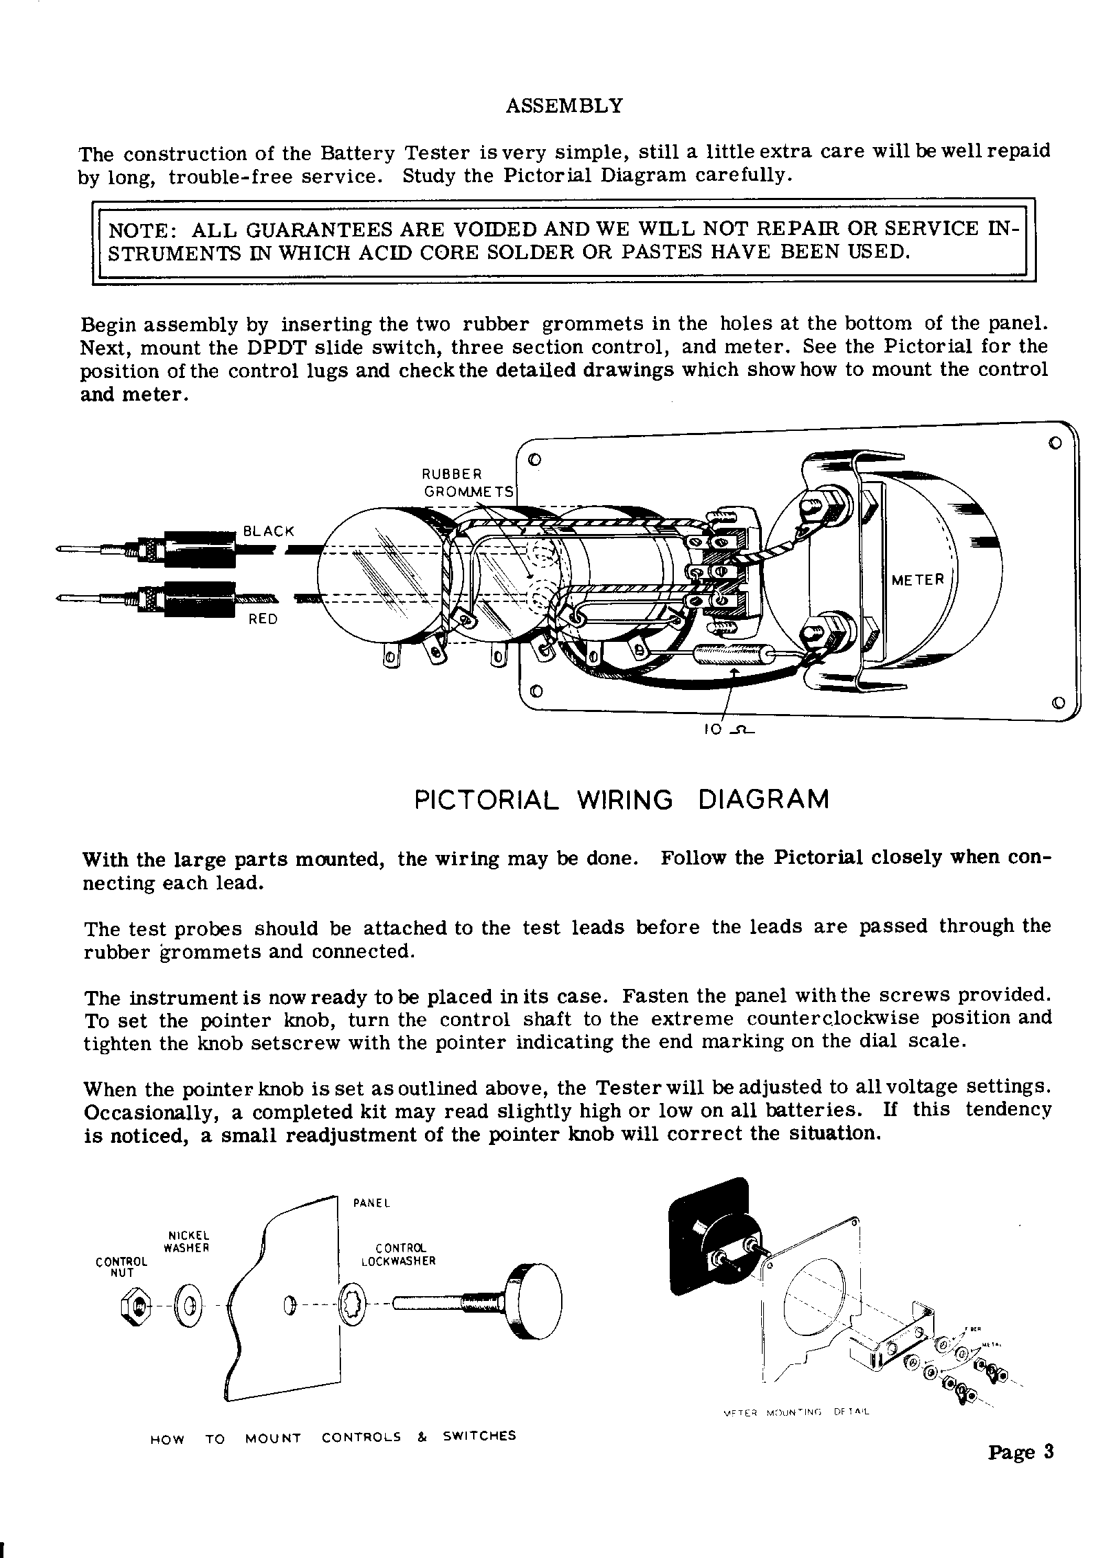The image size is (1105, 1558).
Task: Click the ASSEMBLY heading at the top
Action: tap(564, 106)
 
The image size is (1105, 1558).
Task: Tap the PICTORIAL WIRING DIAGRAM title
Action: tap(622, 800)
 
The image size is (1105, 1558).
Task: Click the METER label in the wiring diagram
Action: tap(918, 580)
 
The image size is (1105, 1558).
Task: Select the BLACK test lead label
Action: tap(268, 531)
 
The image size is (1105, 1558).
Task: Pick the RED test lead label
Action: tap(263, 619)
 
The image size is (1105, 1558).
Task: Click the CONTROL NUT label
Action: tap(122, 1267)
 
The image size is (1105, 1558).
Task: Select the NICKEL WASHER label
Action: tap(186, 1241)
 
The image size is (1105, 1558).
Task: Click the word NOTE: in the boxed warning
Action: tap(143, 229)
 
